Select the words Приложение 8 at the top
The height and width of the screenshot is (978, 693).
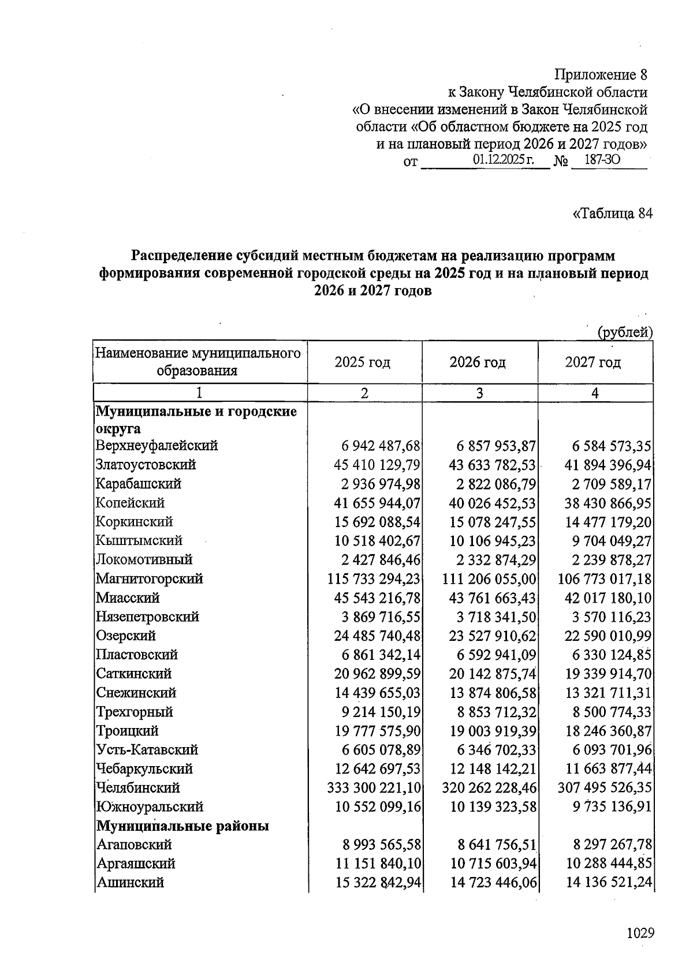601,75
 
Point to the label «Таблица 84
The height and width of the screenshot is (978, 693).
612,214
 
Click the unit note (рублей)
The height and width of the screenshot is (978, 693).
625,333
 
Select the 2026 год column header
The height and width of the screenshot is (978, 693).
478,363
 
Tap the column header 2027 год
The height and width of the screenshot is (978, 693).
593,363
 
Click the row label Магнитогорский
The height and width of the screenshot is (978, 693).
150,578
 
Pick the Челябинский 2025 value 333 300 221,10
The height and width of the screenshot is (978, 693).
374,788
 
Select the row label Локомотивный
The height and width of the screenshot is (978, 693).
144,559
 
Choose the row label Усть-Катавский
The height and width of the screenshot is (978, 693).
147,750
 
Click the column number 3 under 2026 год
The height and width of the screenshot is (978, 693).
479,393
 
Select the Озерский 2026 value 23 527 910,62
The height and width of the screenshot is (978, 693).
493,636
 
